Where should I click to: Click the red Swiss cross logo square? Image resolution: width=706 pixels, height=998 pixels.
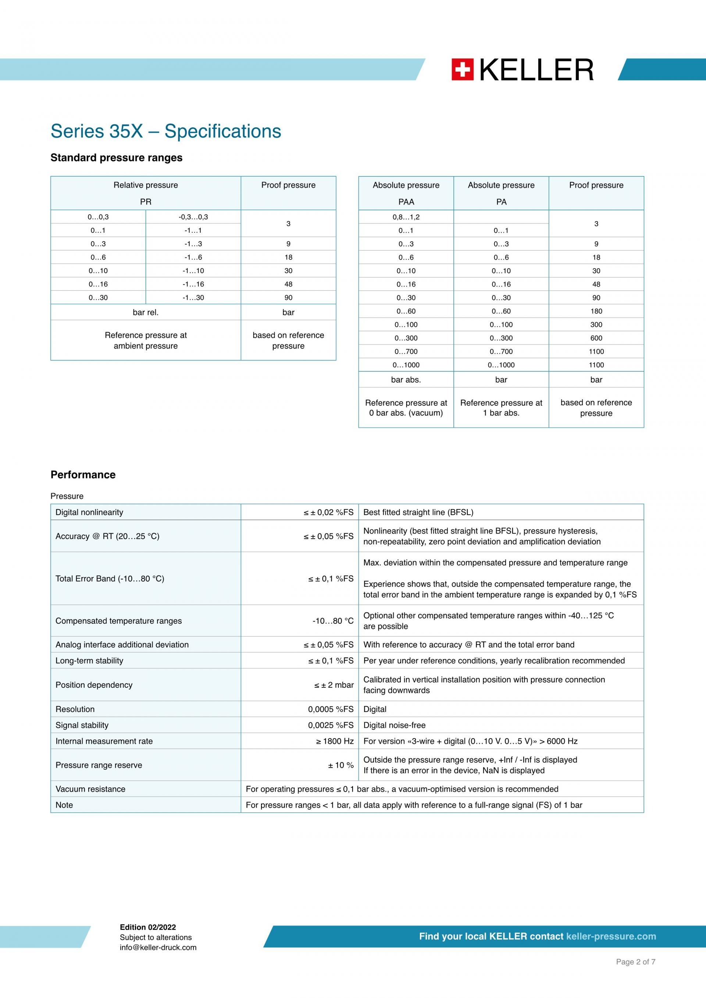pos(462,69)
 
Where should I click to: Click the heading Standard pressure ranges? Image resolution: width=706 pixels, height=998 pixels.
pos(116,157)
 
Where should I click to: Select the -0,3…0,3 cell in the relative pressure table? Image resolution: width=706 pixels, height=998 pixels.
pos(193,217)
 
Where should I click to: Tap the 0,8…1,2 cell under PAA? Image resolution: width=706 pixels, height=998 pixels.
pos(406,217)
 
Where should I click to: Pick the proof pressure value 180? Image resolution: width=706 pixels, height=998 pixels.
pos(596,311)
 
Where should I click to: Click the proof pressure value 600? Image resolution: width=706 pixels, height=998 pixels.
pos(596,338)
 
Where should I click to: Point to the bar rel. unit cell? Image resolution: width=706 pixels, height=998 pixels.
pos(145,312)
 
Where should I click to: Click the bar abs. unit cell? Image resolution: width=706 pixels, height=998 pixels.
pos(406,380)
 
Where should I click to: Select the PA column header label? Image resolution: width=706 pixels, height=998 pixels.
pos(501,202)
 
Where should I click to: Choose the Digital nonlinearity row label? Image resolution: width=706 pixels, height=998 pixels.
pos(89,512)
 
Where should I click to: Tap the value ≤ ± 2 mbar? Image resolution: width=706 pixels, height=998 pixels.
pos(334,685)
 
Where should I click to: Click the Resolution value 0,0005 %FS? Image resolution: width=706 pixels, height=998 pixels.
pos(331,709)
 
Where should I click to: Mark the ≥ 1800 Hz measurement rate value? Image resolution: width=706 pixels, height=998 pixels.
pos(334,741)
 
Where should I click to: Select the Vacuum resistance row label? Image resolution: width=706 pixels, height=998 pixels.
pos(90,789)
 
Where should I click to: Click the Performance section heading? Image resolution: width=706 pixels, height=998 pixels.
pos(83,475)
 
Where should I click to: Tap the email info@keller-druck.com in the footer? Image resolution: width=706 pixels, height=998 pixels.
pos(158,948)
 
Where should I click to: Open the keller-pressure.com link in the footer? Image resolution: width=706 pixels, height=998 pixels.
pos(611,936)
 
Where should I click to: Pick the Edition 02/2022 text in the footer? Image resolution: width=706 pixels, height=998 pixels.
pos(147,927)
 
